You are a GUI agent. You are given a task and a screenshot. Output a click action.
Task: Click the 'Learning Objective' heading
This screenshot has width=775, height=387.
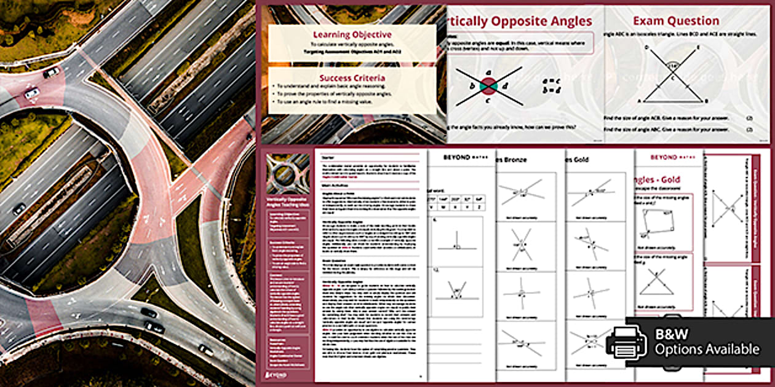tap(352, 34)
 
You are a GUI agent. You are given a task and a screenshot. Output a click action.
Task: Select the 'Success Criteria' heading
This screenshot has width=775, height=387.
tap(352, 77)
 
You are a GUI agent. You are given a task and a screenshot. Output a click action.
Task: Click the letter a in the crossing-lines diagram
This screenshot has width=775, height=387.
tap(487, 72)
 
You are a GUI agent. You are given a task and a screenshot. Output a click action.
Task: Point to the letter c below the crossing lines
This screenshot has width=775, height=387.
tap(487, 101)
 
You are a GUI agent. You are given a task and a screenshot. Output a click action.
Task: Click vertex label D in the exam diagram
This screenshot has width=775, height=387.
tap(646, 47)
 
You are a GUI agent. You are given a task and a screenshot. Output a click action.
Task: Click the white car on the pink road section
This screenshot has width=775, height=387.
tap(31, 93)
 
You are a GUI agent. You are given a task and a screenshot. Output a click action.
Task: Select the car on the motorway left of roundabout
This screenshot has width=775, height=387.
tap(19, 209)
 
